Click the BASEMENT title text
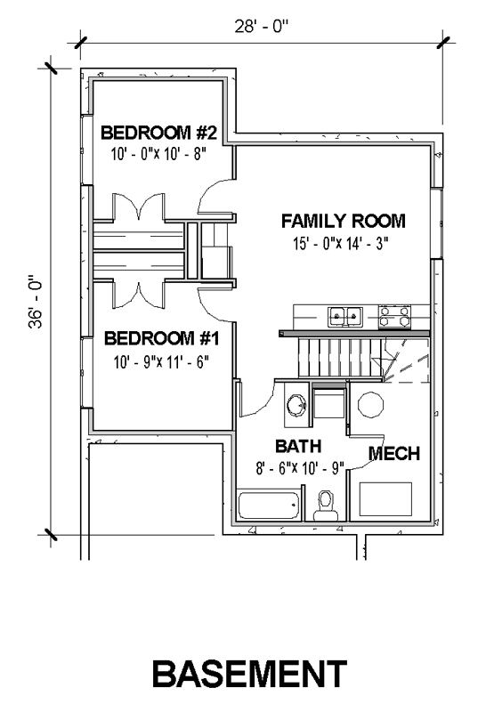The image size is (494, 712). coord(249,674)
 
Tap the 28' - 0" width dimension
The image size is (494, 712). coord(262,27)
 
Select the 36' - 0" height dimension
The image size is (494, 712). coord(36,301)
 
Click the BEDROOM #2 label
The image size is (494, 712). coord(159,133)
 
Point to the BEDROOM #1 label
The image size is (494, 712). coord(162,339)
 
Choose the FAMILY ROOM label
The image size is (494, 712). coord(344,221)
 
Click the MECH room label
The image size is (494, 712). coord(394,454)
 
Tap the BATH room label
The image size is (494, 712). coord(298,447)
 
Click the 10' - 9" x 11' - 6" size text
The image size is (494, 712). coord(161,362)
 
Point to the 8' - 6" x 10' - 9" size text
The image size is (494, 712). coord(301,468)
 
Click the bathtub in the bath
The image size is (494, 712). coord(269,505)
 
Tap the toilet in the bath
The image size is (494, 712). coord(326,506)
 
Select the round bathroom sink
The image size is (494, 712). coord(296,404)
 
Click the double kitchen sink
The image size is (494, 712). coord(345,316)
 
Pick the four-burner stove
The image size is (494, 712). coord(394,317)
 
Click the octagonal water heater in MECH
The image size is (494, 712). coord(371,405)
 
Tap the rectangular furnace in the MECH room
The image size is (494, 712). coord(386,499)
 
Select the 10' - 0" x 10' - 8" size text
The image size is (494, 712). coord(159,154)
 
